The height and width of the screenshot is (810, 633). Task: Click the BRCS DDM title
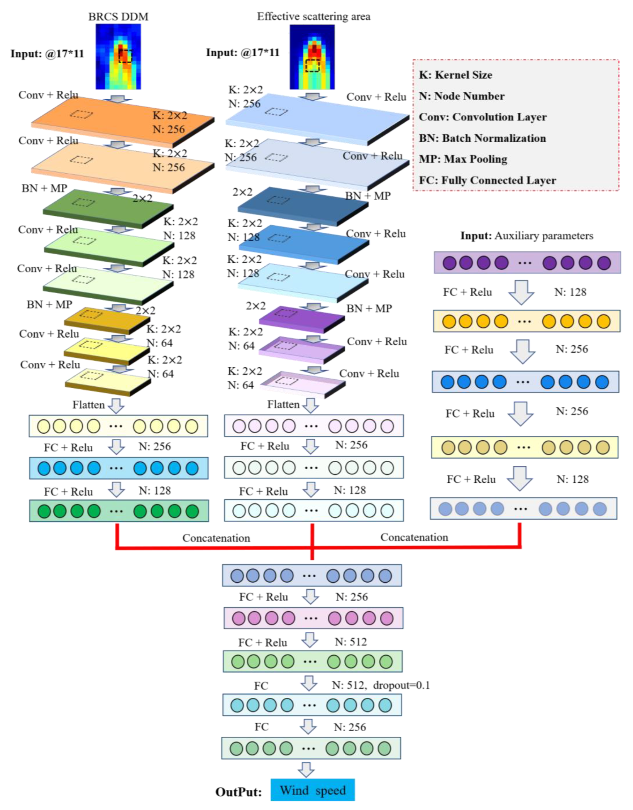tap(118, 17)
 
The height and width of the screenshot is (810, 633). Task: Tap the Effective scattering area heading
tap(313, 16)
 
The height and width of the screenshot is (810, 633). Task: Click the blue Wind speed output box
tap(312, 790)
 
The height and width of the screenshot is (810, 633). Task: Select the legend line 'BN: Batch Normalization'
tap(482, 138)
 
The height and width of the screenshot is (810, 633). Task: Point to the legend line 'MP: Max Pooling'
tap(463, 159)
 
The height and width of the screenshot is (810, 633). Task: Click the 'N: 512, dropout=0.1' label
tap(381, 685)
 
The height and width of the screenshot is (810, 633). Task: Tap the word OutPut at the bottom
tap(239, 792)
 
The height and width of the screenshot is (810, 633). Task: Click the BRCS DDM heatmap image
tap(118, 57)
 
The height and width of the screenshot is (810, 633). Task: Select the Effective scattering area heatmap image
tap(312, 57)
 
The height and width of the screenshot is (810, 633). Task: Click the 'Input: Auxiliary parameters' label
tap(526, 236)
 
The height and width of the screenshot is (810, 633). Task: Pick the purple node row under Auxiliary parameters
tap(527, 263)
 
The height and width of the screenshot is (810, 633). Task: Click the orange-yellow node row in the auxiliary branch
tap(526, 321)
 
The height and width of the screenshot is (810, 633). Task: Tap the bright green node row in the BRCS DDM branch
tap(119, 511)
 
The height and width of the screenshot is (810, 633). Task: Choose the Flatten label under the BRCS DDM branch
tap(89, 405)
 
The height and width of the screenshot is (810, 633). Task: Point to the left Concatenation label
tap(216, 538)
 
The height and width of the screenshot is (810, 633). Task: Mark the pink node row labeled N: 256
tap(313, 618)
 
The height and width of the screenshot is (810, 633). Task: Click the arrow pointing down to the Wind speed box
tap(306, 769)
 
